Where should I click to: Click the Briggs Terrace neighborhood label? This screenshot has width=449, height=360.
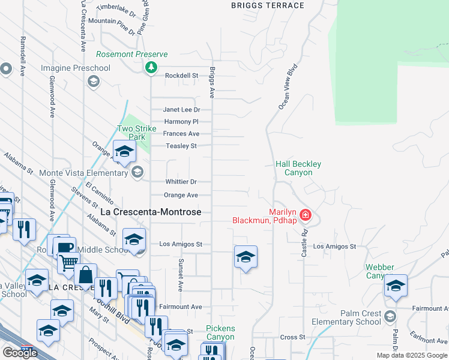pos(268,5)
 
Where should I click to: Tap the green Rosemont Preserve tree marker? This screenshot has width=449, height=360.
pos(152,67)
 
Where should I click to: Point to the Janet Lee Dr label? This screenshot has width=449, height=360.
pos(181,110)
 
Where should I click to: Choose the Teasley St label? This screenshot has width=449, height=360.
pos(181,146)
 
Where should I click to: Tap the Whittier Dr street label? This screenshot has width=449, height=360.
pos(181,182)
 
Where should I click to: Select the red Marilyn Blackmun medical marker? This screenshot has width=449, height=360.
pos(306,215)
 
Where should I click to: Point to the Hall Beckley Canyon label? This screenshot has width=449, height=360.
pos(298,168)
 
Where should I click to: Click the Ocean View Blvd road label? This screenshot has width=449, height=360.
pos(288,87)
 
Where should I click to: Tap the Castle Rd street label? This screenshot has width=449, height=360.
pos(304,243)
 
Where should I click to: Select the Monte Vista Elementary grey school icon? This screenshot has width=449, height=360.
pos(137,173)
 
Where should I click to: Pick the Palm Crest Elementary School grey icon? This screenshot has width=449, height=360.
pos(390,316)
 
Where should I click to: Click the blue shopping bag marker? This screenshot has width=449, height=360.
pos(86,275)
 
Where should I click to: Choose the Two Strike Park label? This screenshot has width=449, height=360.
pos(136,133)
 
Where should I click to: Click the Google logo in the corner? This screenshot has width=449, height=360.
pos(20,353)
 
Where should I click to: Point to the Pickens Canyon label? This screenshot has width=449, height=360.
pos(220,333)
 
